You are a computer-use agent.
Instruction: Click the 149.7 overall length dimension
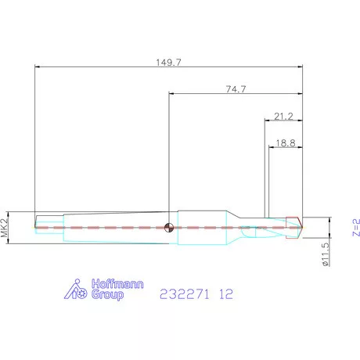click(168, 63)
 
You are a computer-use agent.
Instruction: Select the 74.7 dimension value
click(236, 89)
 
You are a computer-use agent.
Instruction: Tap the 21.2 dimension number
click(283, 117)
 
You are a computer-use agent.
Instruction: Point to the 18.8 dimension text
click(286, 143)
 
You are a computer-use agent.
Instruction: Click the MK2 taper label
click(5, 228)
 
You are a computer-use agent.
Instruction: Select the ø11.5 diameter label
click(326, 254)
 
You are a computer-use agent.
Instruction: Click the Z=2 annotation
click(356, 228)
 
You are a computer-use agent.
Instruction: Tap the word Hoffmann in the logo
click(117, 283)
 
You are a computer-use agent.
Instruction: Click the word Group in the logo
click(107, 294)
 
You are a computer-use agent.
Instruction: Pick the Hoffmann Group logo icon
click(76, 290)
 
